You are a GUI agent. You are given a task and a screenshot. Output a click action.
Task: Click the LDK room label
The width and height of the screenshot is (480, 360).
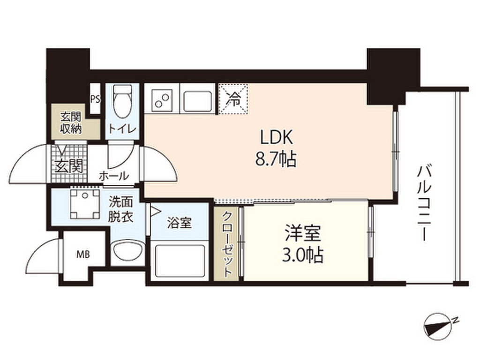pyautogui.click(x=277, y=137)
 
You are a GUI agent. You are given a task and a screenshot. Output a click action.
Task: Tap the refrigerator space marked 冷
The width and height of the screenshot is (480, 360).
pyautogui.click(x=233, y=98)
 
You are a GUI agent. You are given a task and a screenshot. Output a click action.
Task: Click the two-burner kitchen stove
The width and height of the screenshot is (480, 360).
pyautogui.click(x=162, y=99)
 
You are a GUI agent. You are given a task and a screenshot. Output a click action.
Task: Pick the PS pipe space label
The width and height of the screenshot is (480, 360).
pyautogui.click(x=95, y=99)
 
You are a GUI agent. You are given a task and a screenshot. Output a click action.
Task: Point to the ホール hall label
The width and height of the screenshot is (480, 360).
pyautogui.click(x=113, y=176)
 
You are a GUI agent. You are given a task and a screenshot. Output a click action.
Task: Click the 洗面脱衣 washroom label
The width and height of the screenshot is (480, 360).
pyautogui.click(x=121, y=209)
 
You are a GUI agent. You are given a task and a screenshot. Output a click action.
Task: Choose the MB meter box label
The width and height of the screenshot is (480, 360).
pyautogui.click(x=82, y=255)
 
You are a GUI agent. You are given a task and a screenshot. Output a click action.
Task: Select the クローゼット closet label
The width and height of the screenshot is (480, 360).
pyautogui.click(x=226, y=244)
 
